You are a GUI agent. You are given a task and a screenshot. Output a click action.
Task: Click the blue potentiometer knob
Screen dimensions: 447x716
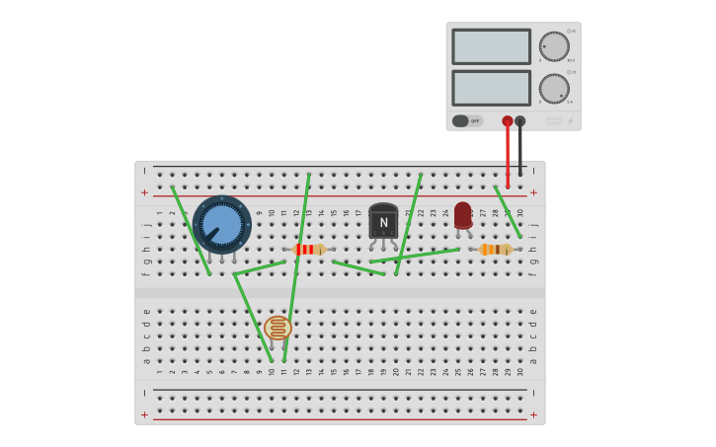221,224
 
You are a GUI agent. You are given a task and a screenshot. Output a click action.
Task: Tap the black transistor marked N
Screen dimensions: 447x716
383,222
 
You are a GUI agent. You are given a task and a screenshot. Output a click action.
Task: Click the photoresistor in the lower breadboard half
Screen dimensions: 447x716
278,328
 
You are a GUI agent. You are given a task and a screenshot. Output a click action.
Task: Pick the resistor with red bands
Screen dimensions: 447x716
309,250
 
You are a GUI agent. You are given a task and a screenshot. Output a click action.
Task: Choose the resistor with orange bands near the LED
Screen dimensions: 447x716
495,250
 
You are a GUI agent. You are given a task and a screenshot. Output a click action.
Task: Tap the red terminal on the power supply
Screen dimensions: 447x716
508,121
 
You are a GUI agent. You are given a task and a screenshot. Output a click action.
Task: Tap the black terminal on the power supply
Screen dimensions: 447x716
520,121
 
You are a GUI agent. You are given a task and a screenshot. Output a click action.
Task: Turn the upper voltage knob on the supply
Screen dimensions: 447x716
554,46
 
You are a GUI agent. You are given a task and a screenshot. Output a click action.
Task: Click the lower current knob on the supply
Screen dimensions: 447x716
554,89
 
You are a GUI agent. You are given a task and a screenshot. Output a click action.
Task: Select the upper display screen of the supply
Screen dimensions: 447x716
492,46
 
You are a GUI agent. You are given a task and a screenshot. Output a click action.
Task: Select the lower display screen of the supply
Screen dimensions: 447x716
492,88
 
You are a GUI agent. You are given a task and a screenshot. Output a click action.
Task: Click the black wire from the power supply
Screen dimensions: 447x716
520,153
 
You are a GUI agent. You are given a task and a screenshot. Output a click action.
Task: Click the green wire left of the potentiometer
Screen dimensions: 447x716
191,230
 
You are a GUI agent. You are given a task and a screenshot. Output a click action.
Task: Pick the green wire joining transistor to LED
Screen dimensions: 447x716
415,256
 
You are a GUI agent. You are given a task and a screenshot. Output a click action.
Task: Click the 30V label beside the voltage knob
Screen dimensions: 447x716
571,60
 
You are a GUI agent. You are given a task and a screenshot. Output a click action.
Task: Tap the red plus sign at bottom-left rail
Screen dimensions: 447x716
145,414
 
